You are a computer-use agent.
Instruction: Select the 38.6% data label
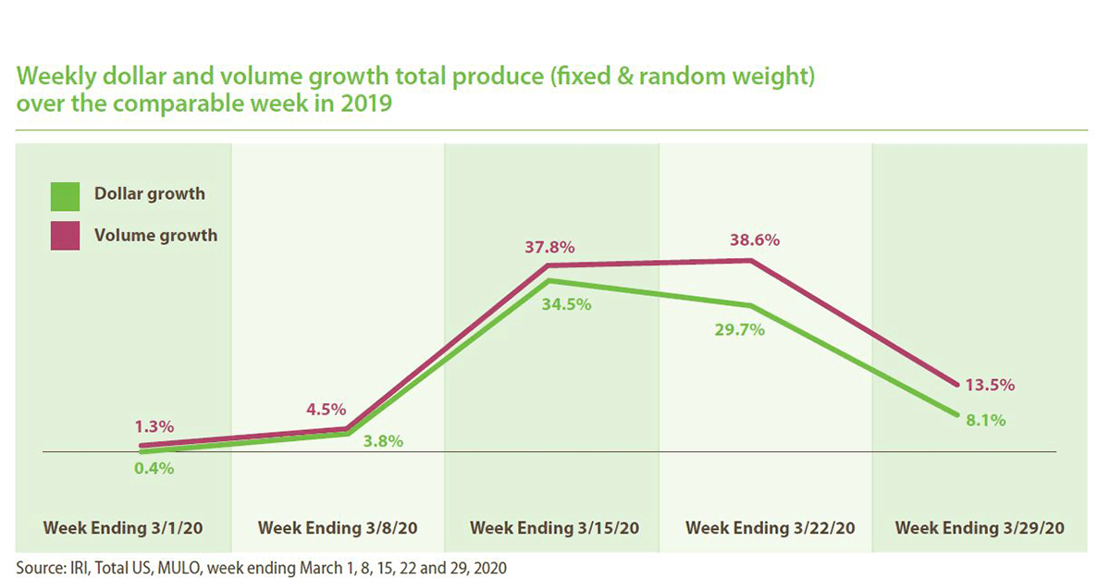(x=753, y=240)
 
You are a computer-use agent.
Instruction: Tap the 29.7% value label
(x=739, y=329)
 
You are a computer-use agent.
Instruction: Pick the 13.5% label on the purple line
(x=992, y=385)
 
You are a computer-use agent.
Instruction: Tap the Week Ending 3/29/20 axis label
(x=980, y=528)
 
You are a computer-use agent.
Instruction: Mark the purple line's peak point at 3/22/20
(x=750, y=261)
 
